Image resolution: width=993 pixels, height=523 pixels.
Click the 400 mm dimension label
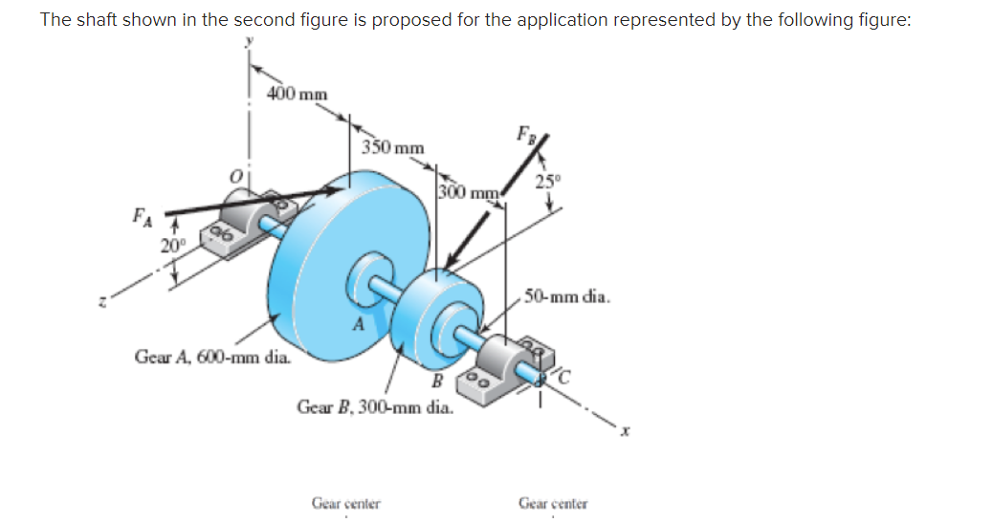coord(298,94)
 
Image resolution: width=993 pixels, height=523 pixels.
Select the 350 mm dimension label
coord(393,147)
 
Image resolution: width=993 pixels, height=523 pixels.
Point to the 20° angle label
coord(173,244)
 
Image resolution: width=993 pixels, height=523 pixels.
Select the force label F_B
coord(527,133)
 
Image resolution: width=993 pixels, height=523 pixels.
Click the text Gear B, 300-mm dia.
coord(375,406)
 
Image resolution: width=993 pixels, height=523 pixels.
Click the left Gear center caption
coord(346,502)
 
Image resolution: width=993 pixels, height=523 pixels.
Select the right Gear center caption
coord(553,502)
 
